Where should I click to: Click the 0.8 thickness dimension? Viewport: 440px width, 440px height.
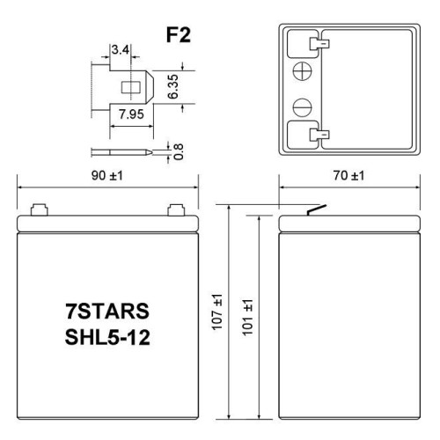[x=178, y=150]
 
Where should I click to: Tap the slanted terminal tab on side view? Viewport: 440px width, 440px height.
[x=313, y=209]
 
